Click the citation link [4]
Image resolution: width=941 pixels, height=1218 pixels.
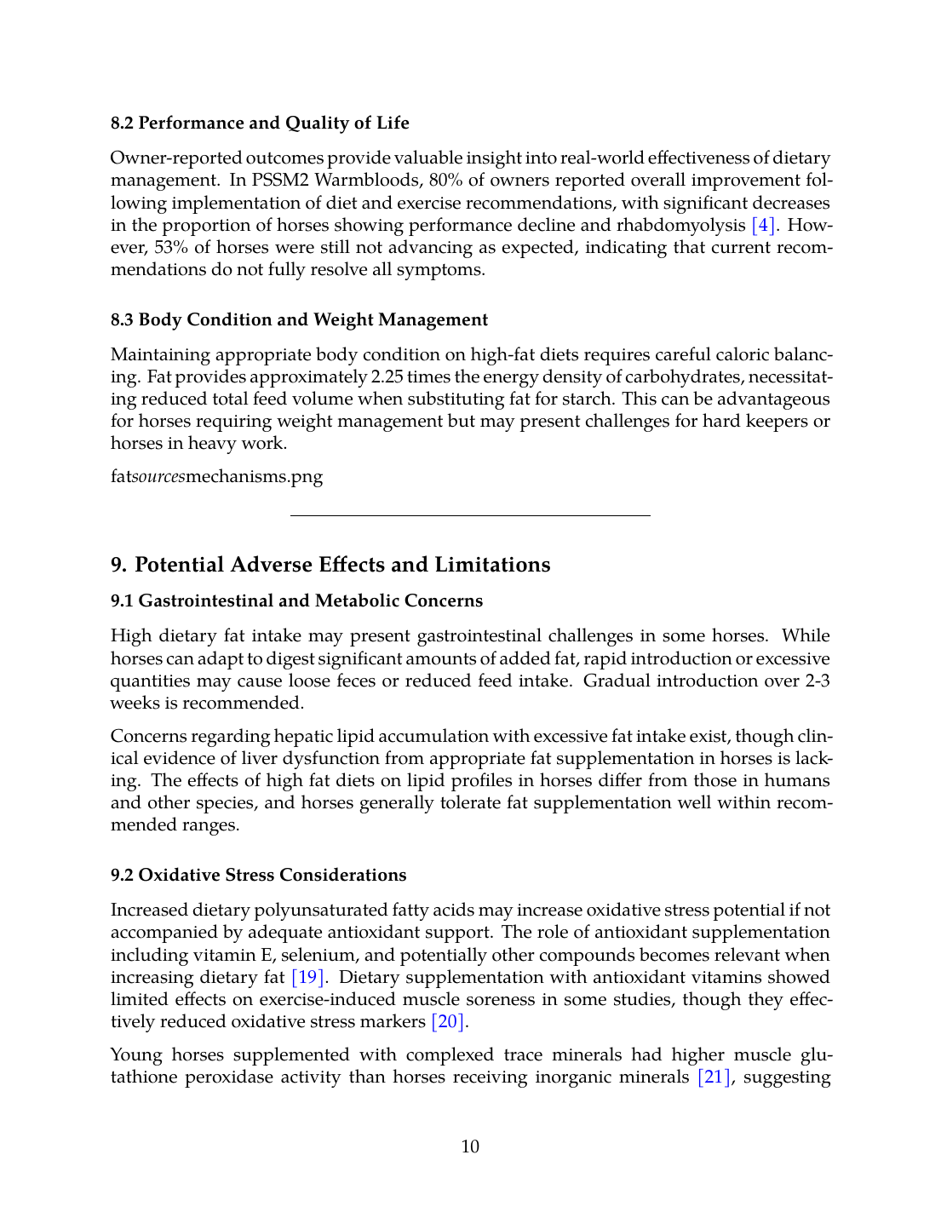763,226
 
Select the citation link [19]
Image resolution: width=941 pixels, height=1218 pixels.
307,978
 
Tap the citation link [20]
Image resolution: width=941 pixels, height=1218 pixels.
448,1022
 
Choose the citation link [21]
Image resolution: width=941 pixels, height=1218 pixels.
714,1077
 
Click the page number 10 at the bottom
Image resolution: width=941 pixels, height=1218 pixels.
470,1146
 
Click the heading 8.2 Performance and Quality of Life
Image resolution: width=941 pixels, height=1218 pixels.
260,124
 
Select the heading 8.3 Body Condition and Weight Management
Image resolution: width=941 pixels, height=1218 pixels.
299,320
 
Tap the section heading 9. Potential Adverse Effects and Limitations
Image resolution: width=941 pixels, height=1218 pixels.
330,565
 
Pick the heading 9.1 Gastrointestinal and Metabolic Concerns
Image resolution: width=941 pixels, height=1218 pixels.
296,601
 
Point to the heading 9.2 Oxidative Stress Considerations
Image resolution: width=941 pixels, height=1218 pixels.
258,876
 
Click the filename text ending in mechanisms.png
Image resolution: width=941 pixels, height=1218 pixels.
216,477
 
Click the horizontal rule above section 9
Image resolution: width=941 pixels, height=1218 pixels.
470,515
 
